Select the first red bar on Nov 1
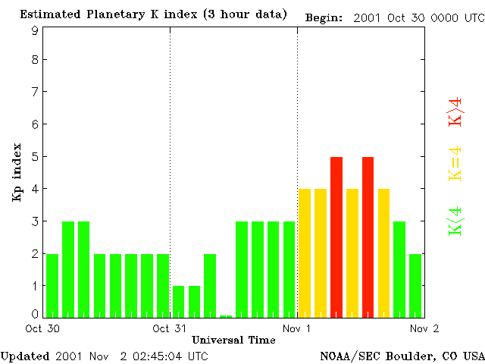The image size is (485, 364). point(336,237)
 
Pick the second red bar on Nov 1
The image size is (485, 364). point(368,237)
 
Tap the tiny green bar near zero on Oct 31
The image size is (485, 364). point(226,315)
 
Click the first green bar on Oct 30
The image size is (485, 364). point(52,285)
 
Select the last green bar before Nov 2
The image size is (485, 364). point(415,285)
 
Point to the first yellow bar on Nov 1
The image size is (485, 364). point(305,253)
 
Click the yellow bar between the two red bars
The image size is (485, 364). point(352,253)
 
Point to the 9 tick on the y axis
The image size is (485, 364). point(36,30)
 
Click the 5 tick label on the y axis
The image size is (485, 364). point(36,157)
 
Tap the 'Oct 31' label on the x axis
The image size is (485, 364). point(169,328)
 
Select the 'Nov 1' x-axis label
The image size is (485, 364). point(297,328)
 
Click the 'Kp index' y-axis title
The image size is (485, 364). point(17,172)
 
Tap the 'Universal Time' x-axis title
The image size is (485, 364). point(233,340)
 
